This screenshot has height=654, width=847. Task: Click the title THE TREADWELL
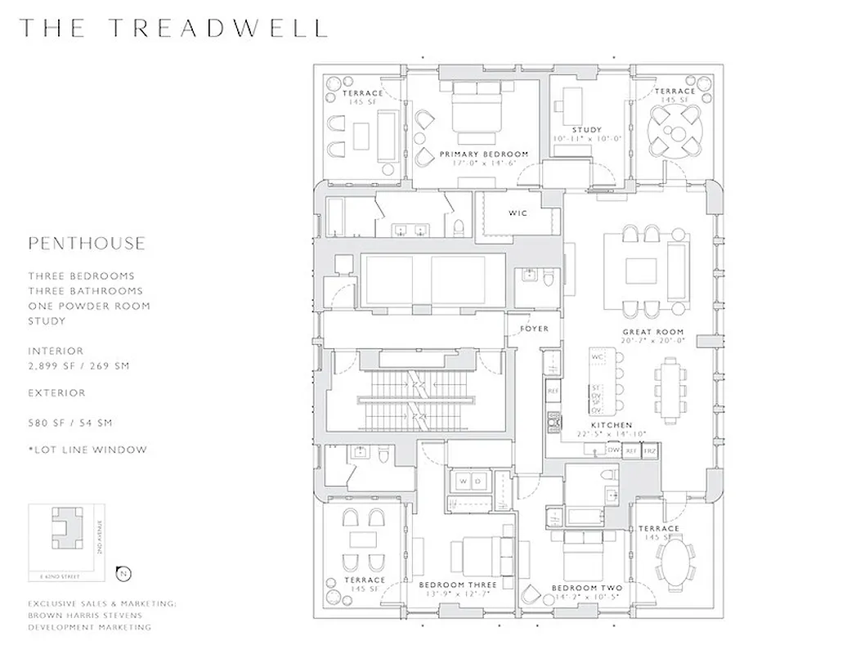pos(173,27)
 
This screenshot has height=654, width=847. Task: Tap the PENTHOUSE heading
pos(87,244)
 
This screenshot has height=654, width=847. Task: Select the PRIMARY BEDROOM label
pos(484,154)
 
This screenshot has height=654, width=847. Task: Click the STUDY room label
pos(587,130)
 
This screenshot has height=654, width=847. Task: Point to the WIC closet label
pos(518,213)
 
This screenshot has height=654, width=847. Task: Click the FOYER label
pos(535,329)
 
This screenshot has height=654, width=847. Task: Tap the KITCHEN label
pos(611,425)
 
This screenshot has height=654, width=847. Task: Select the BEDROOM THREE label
pos(459,585)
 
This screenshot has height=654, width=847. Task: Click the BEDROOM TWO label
pos(586,589)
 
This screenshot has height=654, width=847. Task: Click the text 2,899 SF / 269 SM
pos(78,366)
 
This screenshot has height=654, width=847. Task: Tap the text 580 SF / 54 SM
pos(70,423)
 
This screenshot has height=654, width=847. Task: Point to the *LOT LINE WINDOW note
pos(87,450)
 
